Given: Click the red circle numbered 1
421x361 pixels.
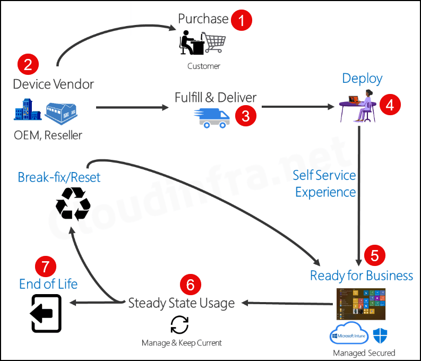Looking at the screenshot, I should tap(242, 21).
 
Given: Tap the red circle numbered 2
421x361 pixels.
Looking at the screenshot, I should tap(28, 64).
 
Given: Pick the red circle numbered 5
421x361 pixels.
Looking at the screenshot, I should tap(374, 256).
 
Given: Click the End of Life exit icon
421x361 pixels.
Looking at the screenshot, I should tap(46, 313).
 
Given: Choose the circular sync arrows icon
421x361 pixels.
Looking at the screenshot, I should tap(179, 324).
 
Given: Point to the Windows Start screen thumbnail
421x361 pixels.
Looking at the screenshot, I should tap(360, 304).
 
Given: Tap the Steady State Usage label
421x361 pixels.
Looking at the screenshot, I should tap(182, 303).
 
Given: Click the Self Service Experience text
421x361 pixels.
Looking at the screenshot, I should tap(325, 183).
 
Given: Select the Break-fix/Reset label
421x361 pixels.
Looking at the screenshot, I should tap(59, 177).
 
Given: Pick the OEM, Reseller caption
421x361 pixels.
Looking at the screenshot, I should tap(48, 135).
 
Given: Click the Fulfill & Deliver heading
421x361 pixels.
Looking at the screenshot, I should tap(216, 98).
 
